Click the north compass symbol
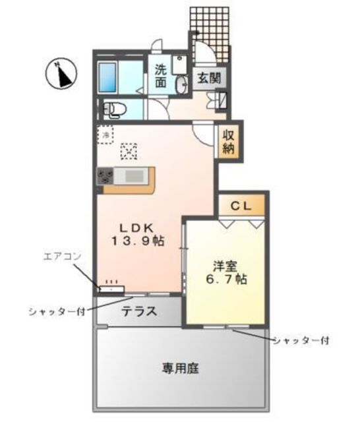point(61,73)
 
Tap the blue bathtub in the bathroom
point(107,78)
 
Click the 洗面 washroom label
point(161,76)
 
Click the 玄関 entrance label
point(209,78)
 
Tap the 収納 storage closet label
point(228,142)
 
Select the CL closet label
point(241,206)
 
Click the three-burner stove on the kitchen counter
point(105,176)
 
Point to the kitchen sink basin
point(135,176)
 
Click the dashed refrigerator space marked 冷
point(105,135)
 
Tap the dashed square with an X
point(129,152)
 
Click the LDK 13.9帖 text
point(138,235)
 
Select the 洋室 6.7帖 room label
point(226,272)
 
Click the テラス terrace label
point(139,311)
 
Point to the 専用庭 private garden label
point(180,368)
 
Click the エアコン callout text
point(62,256)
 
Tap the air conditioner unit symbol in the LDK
point(112,289)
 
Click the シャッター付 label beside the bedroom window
point(301,341)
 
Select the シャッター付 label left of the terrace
point(57,312)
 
